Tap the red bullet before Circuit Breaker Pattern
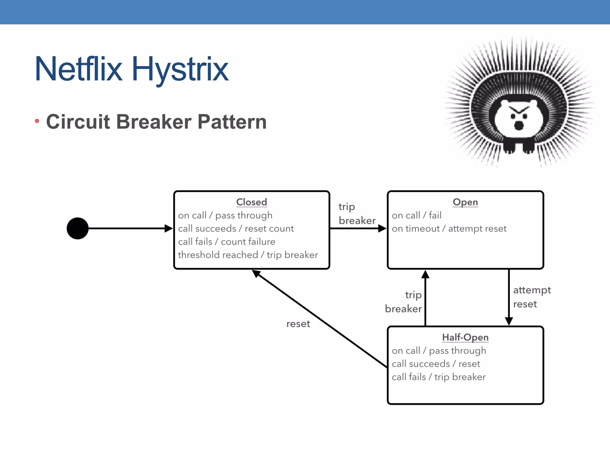point(37,121)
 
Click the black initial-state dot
point(77,228)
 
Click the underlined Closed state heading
point(251,202)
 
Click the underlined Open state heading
point(465,202)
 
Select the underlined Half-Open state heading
point(465,337)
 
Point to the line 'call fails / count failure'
point(226,242)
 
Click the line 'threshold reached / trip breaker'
point(248,255)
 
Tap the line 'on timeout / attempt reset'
point(449,228)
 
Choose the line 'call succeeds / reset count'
point(236,228)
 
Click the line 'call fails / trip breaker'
point(438,377)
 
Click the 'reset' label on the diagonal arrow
point(298,324)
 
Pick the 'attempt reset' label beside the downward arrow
point(532,297)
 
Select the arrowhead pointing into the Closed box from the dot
point(169,228)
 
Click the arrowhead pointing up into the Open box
point(425,274)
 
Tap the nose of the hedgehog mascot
point(519,125)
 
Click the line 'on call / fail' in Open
point(416,215)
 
